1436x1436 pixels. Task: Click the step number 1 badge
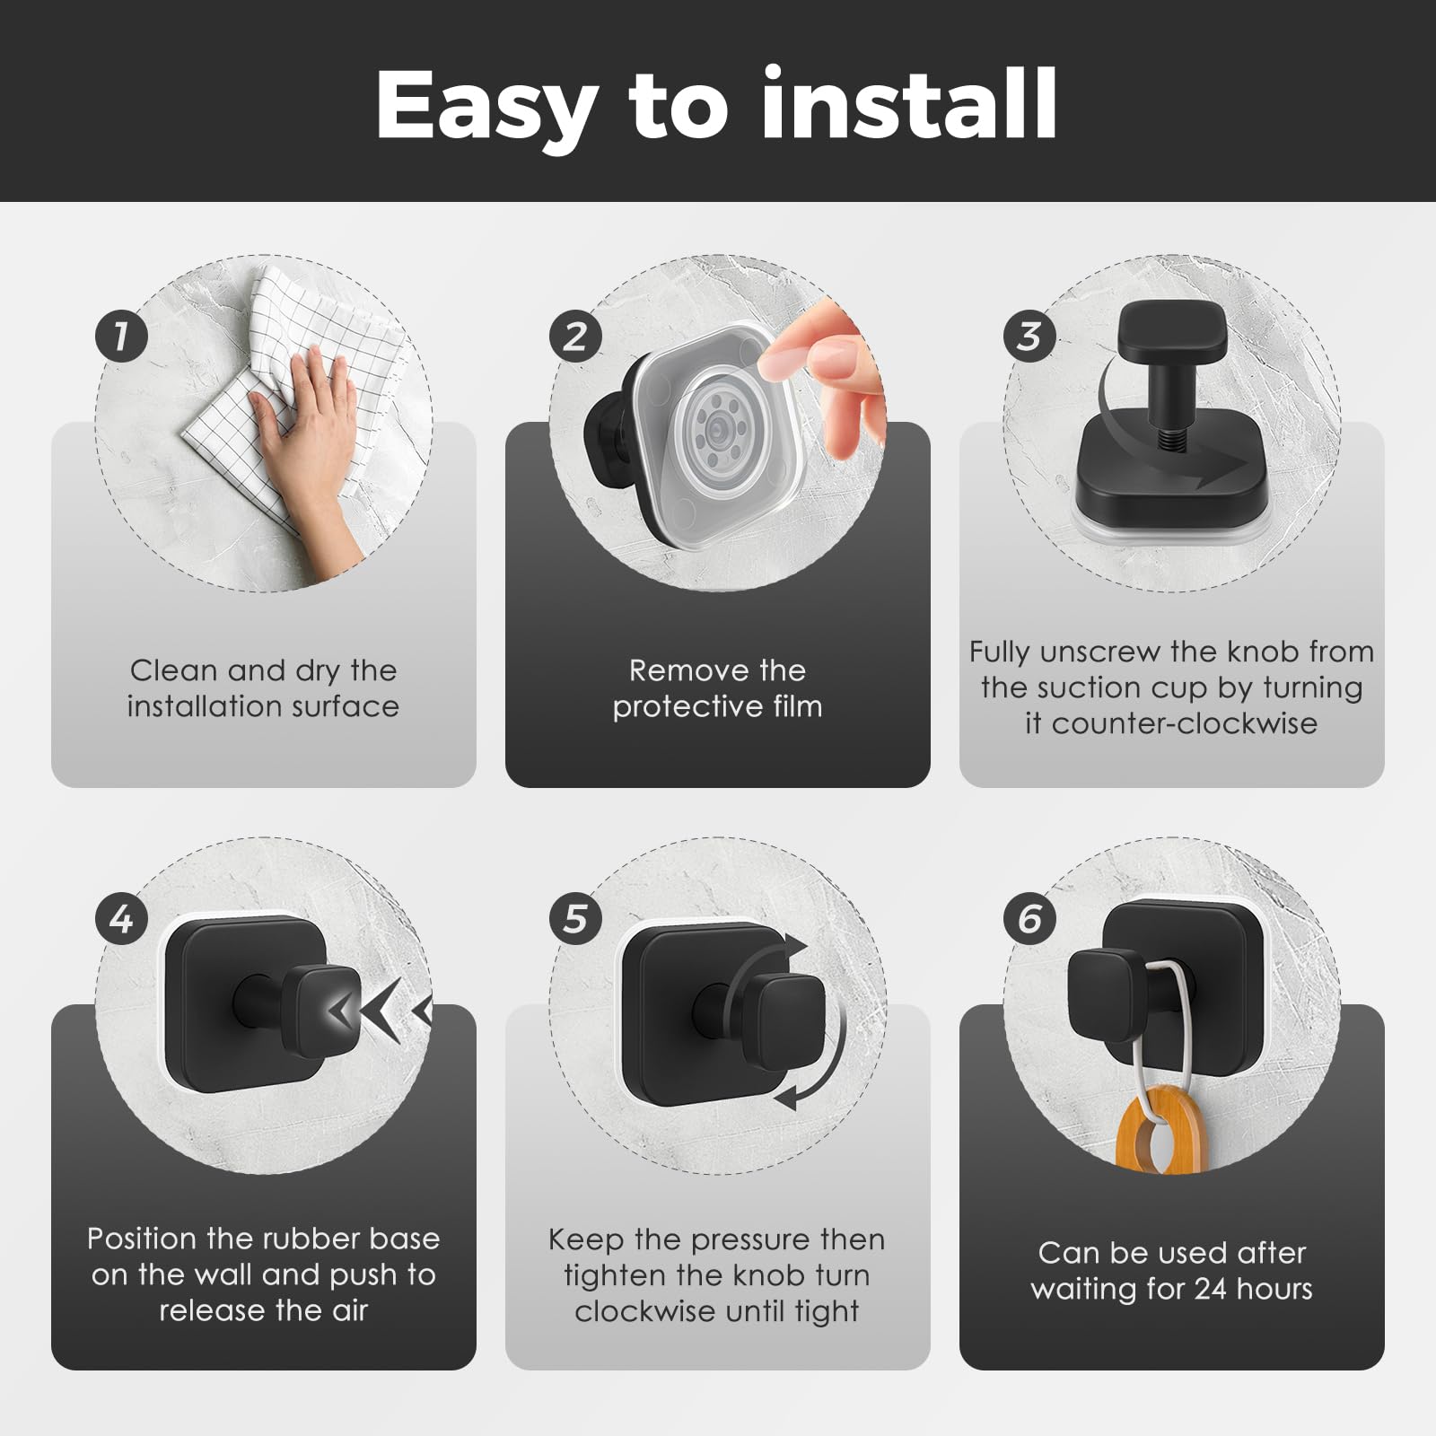(121, 336)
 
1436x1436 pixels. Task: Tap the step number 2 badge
(575, 336)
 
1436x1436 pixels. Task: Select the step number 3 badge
(1029, 336)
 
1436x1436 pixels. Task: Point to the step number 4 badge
(121, 918)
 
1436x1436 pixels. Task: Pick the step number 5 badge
(575, 918)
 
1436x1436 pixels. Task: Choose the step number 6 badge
(1029, 918)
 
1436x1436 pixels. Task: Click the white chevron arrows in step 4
(381, 1012)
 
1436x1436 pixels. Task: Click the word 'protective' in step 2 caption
(679, 707)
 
